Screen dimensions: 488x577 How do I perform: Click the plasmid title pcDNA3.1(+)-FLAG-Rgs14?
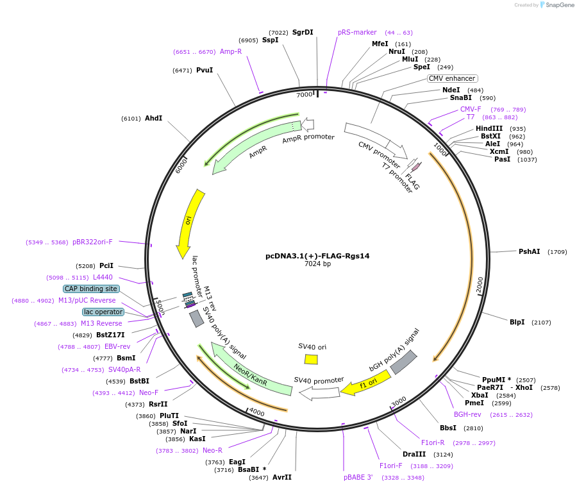tap(317, 255)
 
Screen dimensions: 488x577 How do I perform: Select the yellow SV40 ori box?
tap(312, 359)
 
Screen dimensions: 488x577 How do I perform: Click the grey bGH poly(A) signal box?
tap(404, 363)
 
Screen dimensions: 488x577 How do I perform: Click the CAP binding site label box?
tap(91, 289)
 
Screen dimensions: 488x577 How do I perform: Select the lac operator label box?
tap(103, 312)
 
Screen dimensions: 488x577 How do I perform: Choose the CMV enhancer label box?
tap(452, 78)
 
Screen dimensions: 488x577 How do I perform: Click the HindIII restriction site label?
tap(489, 128)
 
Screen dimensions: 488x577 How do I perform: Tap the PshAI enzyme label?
tap(529, 251)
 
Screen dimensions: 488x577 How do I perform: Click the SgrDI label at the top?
tap(303, 32)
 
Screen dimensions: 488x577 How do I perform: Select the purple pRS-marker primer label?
tap(357, 32)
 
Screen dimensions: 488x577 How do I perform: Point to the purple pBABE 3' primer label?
tap(358, 477)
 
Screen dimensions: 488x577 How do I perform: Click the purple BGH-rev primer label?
tap(467, 414)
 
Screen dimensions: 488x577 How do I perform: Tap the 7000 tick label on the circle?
tap(304, 95)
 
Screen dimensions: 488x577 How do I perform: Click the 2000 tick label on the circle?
tap(480, 285)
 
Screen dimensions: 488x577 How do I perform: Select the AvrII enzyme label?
tap(282, 477)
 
